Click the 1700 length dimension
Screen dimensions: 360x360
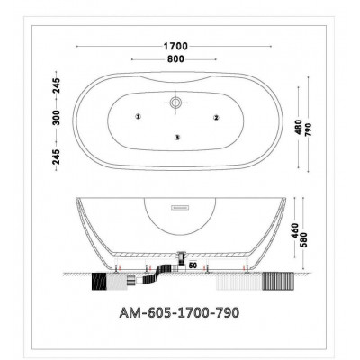175,47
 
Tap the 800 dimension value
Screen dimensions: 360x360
175,59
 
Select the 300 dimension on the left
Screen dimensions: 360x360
57,118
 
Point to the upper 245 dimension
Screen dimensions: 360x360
57,85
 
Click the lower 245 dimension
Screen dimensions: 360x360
57,157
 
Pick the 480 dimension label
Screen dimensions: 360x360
299,127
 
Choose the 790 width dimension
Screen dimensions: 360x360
309,130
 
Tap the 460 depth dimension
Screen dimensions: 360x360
295,230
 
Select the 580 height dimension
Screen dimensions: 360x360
305,240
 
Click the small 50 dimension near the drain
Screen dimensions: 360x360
193,265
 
